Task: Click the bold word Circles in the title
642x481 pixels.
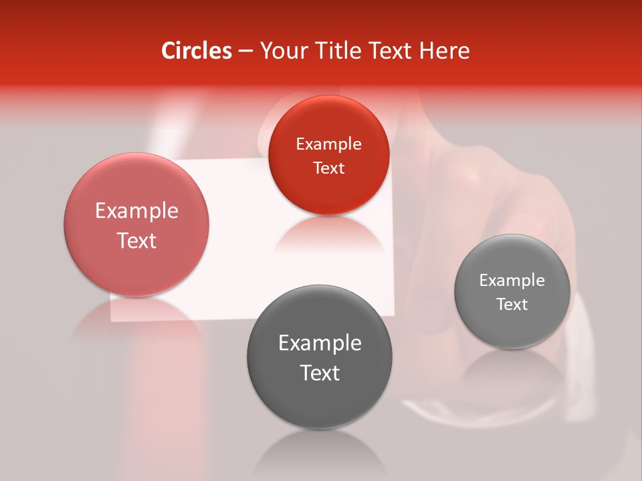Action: coord(197,51)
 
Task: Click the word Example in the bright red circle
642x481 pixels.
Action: coord(328,144)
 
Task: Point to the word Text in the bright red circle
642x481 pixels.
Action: coord(328,168)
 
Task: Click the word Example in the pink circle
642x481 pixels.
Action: coord(136,211)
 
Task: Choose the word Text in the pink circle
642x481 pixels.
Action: coord(136,241)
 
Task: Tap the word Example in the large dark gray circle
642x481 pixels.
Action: coord(320,343)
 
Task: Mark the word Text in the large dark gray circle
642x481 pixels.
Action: coord(320,373)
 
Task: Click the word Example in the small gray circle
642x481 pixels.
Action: coord(512,281)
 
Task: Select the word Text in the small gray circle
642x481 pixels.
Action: coord(512,305)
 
